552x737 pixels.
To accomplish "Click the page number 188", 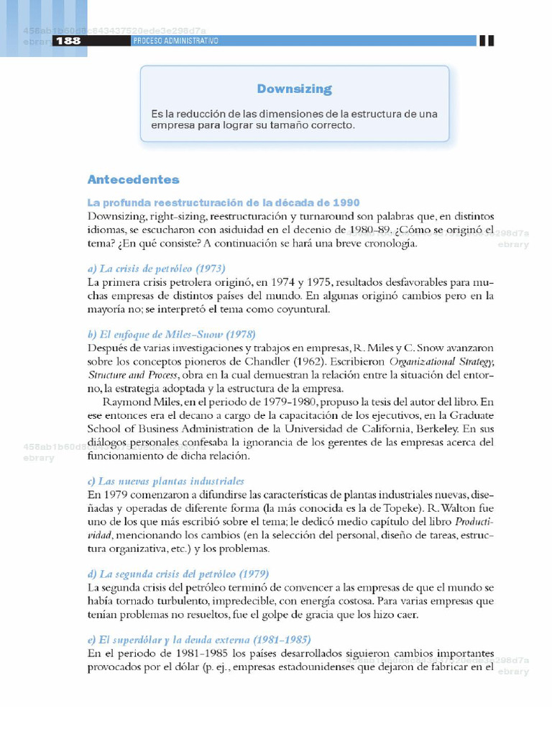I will click(x=68, y=41).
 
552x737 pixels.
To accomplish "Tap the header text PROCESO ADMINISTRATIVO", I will click(x=175, y=41).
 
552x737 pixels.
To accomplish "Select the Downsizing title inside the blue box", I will click(x=294, y=89).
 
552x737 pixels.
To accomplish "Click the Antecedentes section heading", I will click(x=133, y=179).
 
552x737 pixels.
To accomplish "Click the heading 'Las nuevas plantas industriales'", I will click(x=165, y=481).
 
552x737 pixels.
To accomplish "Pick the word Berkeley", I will click(x=450, y=428).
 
